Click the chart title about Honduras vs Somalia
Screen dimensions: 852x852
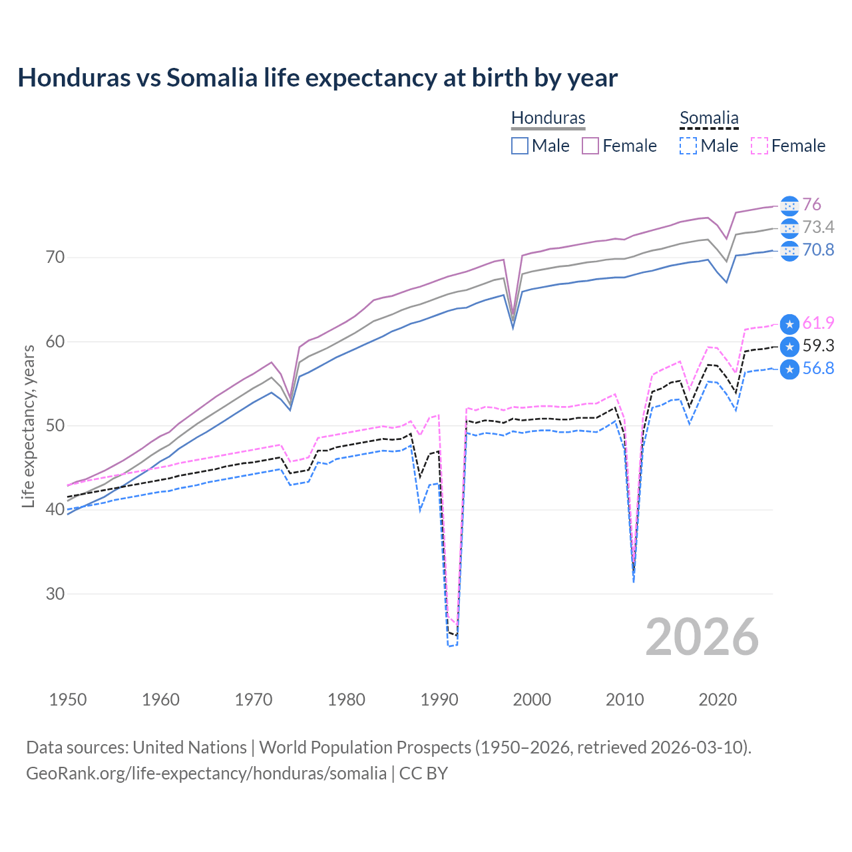pyautogui.click(x=318, y=78)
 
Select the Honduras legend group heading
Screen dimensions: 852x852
pyautogui.click(x=548, y=118)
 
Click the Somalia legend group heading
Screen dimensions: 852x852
pyautogui.click(x=709, y=118)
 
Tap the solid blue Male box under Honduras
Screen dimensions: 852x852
pyautogui.click(x=520, y=146)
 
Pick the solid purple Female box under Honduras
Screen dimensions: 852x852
pyautogui.click(x=590, y=146)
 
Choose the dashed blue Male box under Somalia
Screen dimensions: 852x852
pyautogui.click(x=688, y=146)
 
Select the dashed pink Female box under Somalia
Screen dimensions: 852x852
pyautogui.click(x=759, y=146)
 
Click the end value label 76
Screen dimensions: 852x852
pyautogui.click(x=811, y=204)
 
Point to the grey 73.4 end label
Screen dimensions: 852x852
pyautogui.click(x=818, y=227)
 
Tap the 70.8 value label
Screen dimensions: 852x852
pyautogui.click(x=818, y=250)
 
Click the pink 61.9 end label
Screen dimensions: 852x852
pyautogui.click(x=818, y=323)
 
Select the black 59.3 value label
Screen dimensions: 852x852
pyautogui.click(x=818, y=345)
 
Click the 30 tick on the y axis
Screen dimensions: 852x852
pyautogui.click(x=55, y=594)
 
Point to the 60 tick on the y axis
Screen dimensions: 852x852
pyautogui.click(x=55, y=341)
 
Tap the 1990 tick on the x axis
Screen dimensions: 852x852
pyautogui.click(x=439, y=700)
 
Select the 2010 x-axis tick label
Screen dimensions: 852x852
pyautogui.click(x=624, y=700)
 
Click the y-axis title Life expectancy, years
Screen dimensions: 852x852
pyautogui.click(x=28, y=426)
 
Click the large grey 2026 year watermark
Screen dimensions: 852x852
pyautogui.click(x=702, y=637)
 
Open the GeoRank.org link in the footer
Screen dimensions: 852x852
pyautogui.click(x=206, y=773)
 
